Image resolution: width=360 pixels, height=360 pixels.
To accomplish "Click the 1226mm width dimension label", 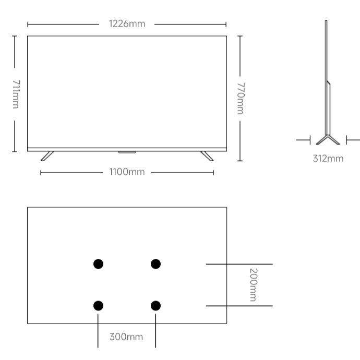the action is pyautogui.click(x=127, y=24).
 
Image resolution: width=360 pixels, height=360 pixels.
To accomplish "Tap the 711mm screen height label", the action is pyautogui.click(x=16, y=94).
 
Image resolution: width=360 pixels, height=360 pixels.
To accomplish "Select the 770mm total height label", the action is pyautogui.click(x=241, y=99).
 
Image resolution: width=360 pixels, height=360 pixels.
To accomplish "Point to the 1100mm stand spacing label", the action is pyautogui.click(x=127, y=172).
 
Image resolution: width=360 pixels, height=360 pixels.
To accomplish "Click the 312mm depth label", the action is pyautogui.click(x=328, y=159).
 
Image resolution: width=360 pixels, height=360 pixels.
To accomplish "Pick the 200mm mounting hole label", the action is pyautogui.click(x=254, y=285).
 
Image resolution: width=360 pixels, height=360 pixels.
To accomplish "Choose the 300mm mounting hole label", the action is pyautogui.click(x=126, y=337).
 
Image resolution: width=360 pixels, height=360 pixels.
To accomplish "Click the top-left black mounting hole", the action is pyautogui.click(x=98, y=264).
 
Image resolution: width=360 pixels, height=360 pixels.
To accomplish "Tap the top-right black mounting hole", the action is pyautogui.click(x=155, y=264).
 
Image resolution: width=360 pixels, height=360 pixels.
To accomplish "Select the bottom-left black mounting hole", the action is pyautogui.click(x=98, y=306).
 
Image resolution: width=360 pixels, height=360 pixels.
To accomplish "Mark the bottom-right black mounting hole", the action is pyautogui.click(x=155, y=306).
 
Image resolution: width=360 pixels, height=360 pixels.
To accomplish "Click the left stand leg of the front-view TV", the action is pyautogui.click(x=47, y=156).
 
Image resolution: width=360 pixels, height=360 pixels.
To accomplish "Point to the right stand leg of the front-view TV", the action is pyautogui.click(x=207, y=156).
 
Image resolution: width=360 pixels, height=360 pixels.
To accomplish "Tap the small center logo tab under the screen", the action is pyautogui.click(x=127, y=152).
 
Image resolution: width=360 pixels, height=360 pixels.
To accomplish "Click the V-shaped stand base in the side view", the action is pyautogui.click(x=328, y=140).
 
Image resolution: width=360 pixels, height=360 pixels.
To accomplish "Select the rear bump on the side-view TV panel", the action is pyautogui.click(x=329, y=108).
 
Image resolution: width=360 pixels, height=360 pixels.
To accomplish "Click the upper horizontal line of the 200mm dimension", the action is pyautogui.click(x=239, y=264).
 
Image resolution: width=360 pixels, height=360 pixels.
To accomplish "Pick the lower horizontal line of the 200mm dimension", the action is pyautogui.click(x=239, y=306).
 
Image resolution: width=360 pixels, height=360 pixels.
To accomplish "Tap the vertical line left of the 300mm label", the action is pyautogui.click(x=98, y=331).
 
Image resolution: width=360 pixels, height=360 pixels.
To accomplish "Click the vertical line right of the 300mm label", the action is pyautogui.click(x=155, y=331).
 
